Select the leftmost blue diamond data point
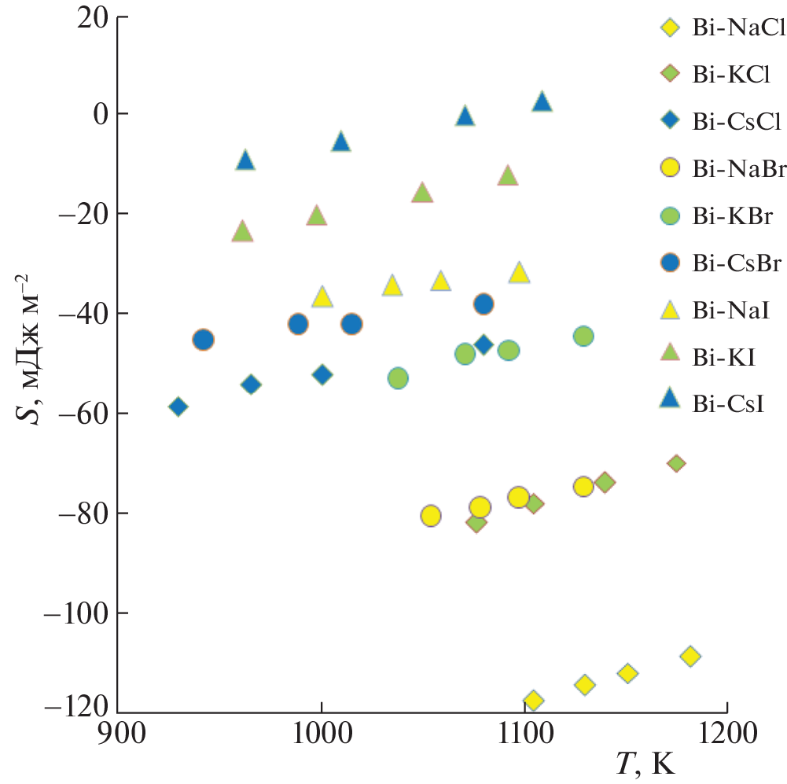point(178,407)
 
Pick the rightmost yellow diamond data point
point(690,656)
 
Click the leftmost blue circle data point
point(203,340)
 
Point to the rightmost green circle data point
point(583,337)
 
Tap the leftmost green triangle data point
point(241,232)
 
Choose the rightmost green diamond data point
point(676,463)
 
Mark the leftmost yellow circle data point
point(430,516)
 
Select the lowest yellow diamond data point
point(533,700)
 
